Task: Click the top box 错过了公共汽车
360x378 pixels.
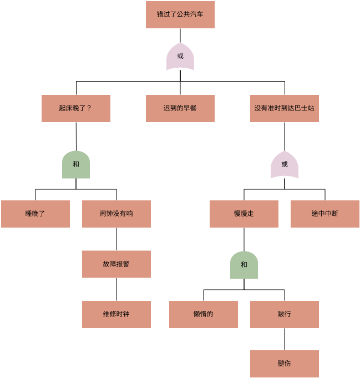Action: [180, 14]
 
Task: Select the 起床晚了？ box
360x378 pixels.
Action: [76, 108]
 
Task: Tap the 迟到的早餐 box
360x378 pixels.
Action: [180, 108]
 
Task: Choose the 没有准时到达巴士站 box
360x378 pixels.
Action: [284, 108]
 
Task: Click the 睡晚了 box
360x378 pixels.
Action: [36, 214]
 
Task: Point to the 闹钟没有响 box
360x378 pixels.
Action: [116, 214]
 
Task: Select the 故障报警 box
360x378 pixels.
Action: [116, 264]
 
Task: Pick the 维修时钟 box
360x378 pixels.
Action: [116, 314]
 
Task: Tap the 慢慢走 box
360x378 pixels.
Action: [244, 214]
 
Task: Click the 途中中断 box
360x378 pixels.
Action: [325, 214]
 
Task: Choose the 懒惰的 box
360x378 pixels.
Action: [204, 314]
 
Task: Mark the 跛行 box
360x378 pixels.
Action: [285, 314]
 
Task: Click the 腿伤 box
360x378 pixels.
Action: [285, 364]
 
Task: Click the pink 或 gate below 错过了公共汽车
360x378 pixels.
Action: [180, 56]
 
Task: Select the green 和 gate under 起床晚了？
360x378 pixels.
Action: [76, 165]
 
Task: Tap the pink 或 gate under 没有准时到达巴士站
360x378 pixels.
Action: [285, 165]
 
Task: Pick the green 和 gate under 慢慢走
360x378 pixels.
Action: [244, 265]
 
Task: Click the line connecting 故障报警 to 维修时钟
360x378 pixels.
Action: [116, 289]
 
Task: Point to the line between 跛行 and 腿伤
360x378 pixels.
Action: [285, 339]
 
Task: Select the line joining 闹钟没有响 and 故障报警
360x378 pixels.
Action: [116, 239]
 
